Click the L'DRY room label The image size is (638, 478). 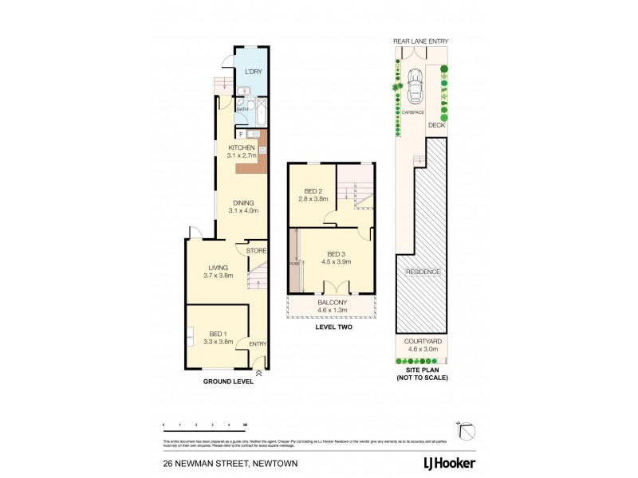tap(253, 72)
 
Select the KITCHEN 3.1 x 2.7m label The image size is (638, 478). tap(242, 152)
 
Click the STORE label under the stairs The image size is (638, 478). tap(255, 251)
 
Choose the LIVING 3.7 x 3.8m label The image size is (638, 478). tap(219, 272)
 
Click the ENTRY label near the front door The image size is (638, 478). tap(258, 343)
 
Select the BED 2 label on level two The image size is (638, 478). tap(313, 194)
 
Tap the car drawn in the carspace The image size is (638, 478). tap(415, 86)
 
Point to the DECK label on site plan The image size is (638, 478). tap(436, 125)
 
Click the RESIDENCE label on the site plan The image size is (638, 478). tap(423, 272)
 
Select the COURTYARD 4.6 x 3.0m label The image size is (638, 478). tap(423, 344)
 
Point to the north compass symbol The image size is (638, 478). tap(470, 429)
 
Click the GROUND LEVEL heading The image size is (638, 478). tap(227, 382)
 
